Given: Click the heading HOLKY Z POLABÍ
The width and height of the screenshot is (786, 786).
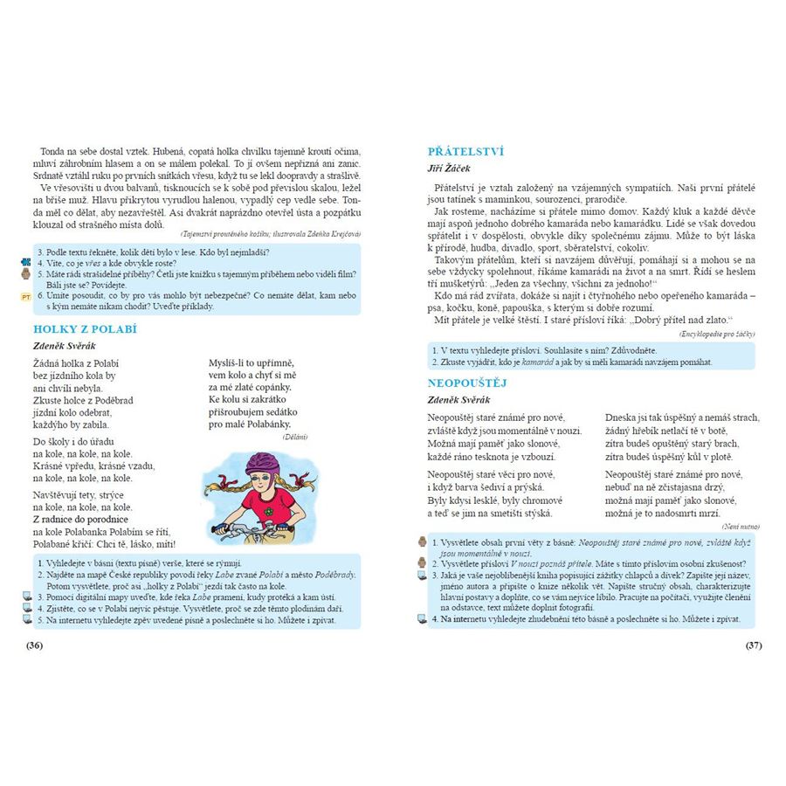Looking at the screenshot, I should pos(85,329).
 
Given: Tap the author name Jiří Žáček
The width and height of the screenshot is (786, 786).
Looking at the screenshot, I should pos(449,168).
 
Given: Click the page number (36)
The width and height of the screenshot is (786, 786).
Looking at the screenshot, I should pos(35,645).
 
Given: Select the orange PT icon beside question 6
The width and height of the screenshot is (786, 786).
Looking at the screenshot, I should pos(25,297).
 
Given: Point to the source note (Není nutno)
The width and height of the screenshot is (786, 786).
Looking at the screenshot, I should pos(741,527).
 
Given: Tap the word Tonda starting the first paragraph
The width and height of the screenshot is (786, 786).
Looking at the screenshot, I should pos(53,151).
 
